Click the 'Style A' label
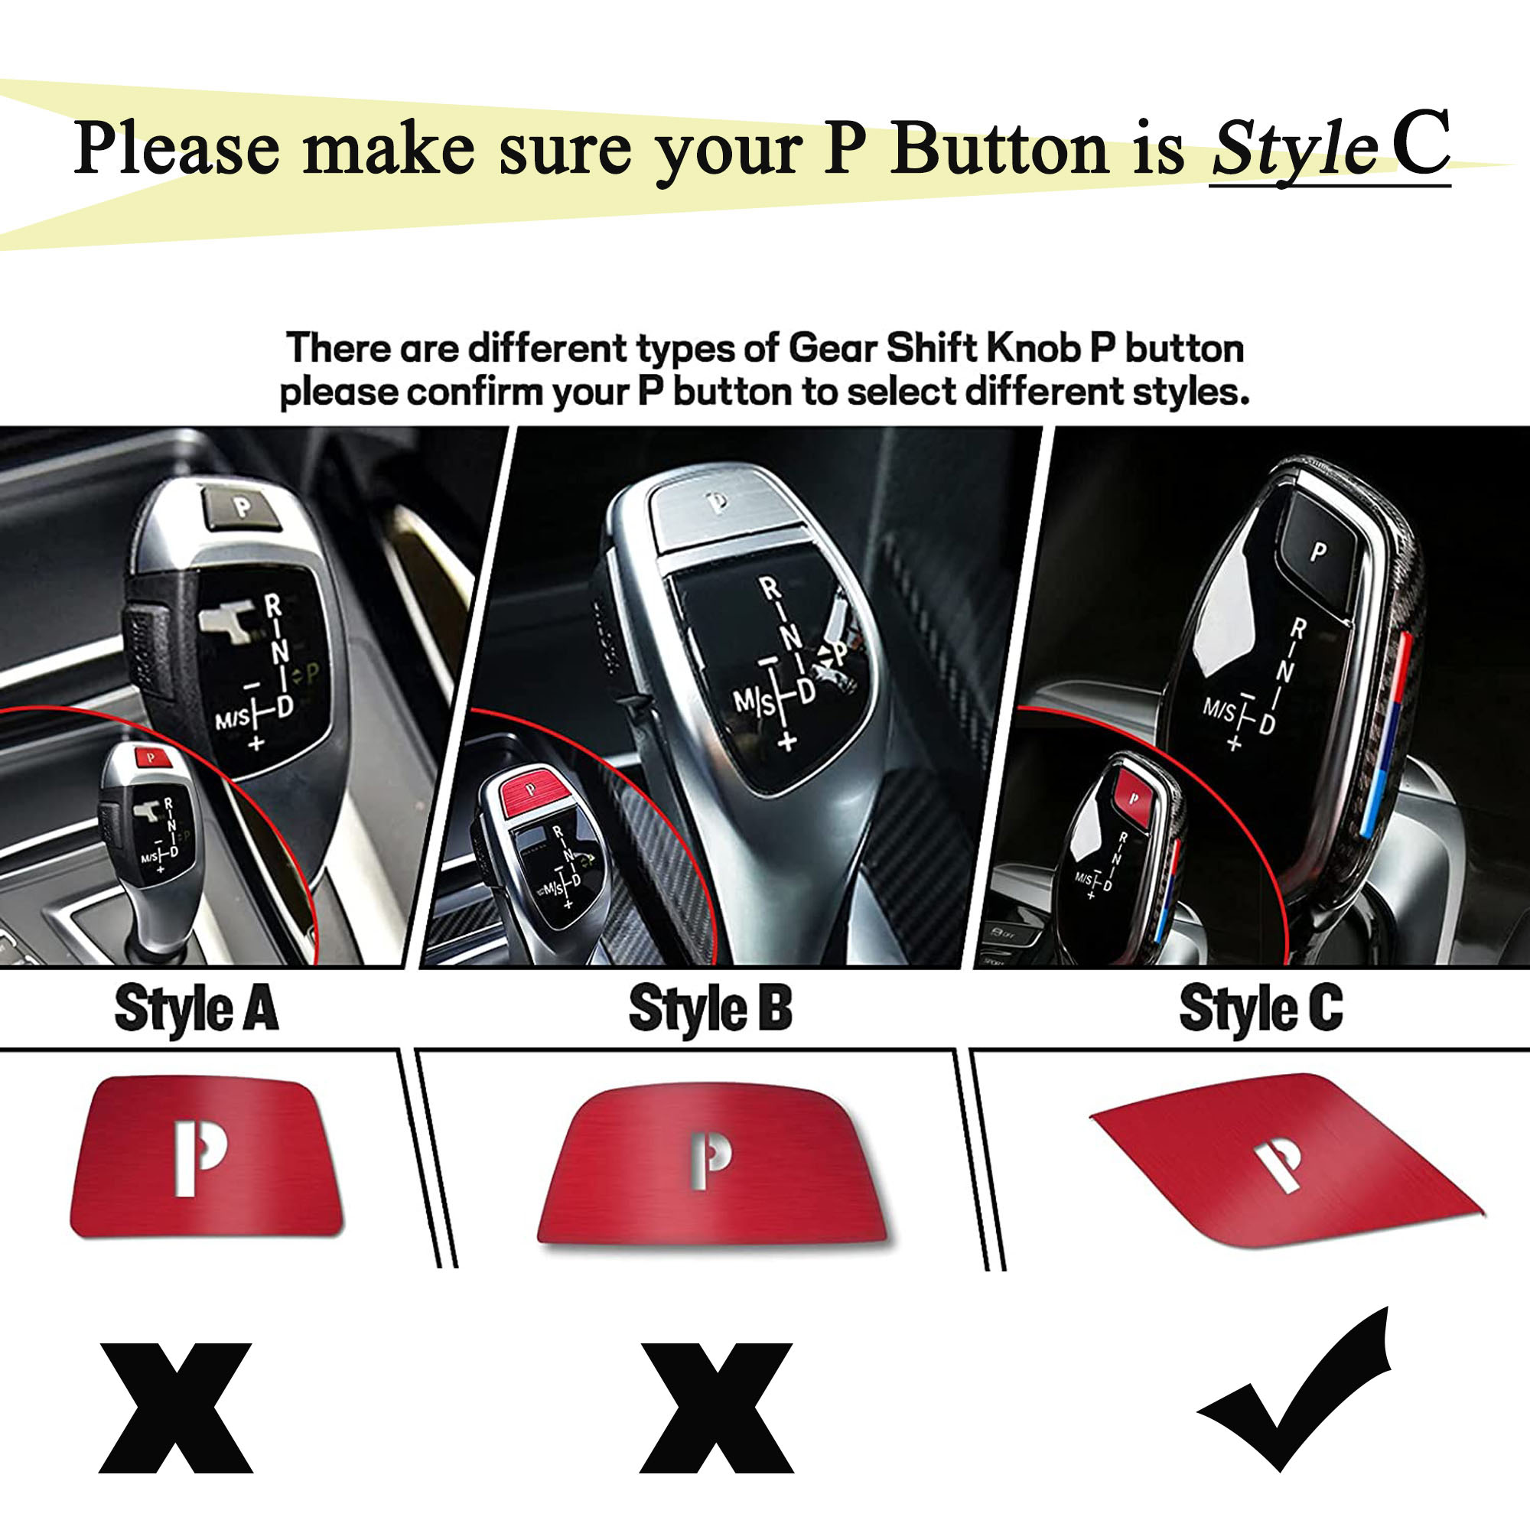click(197, 1009)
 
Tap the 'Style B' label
click(711, 1009)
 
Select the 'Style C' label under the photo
click(1261, 1009)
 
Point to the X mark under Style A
click(176, 1408)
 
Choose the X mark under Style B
click(717, 1408)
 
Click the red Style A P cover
click(207, 1156)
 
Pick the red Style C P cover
click(1287, 1161)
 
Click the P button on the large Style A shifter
click(243, 507)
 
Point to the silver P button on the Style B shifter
click(718, 503)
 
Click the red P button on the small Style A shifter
click(152, 758)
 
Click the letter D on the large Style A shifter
click(284, 706)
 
